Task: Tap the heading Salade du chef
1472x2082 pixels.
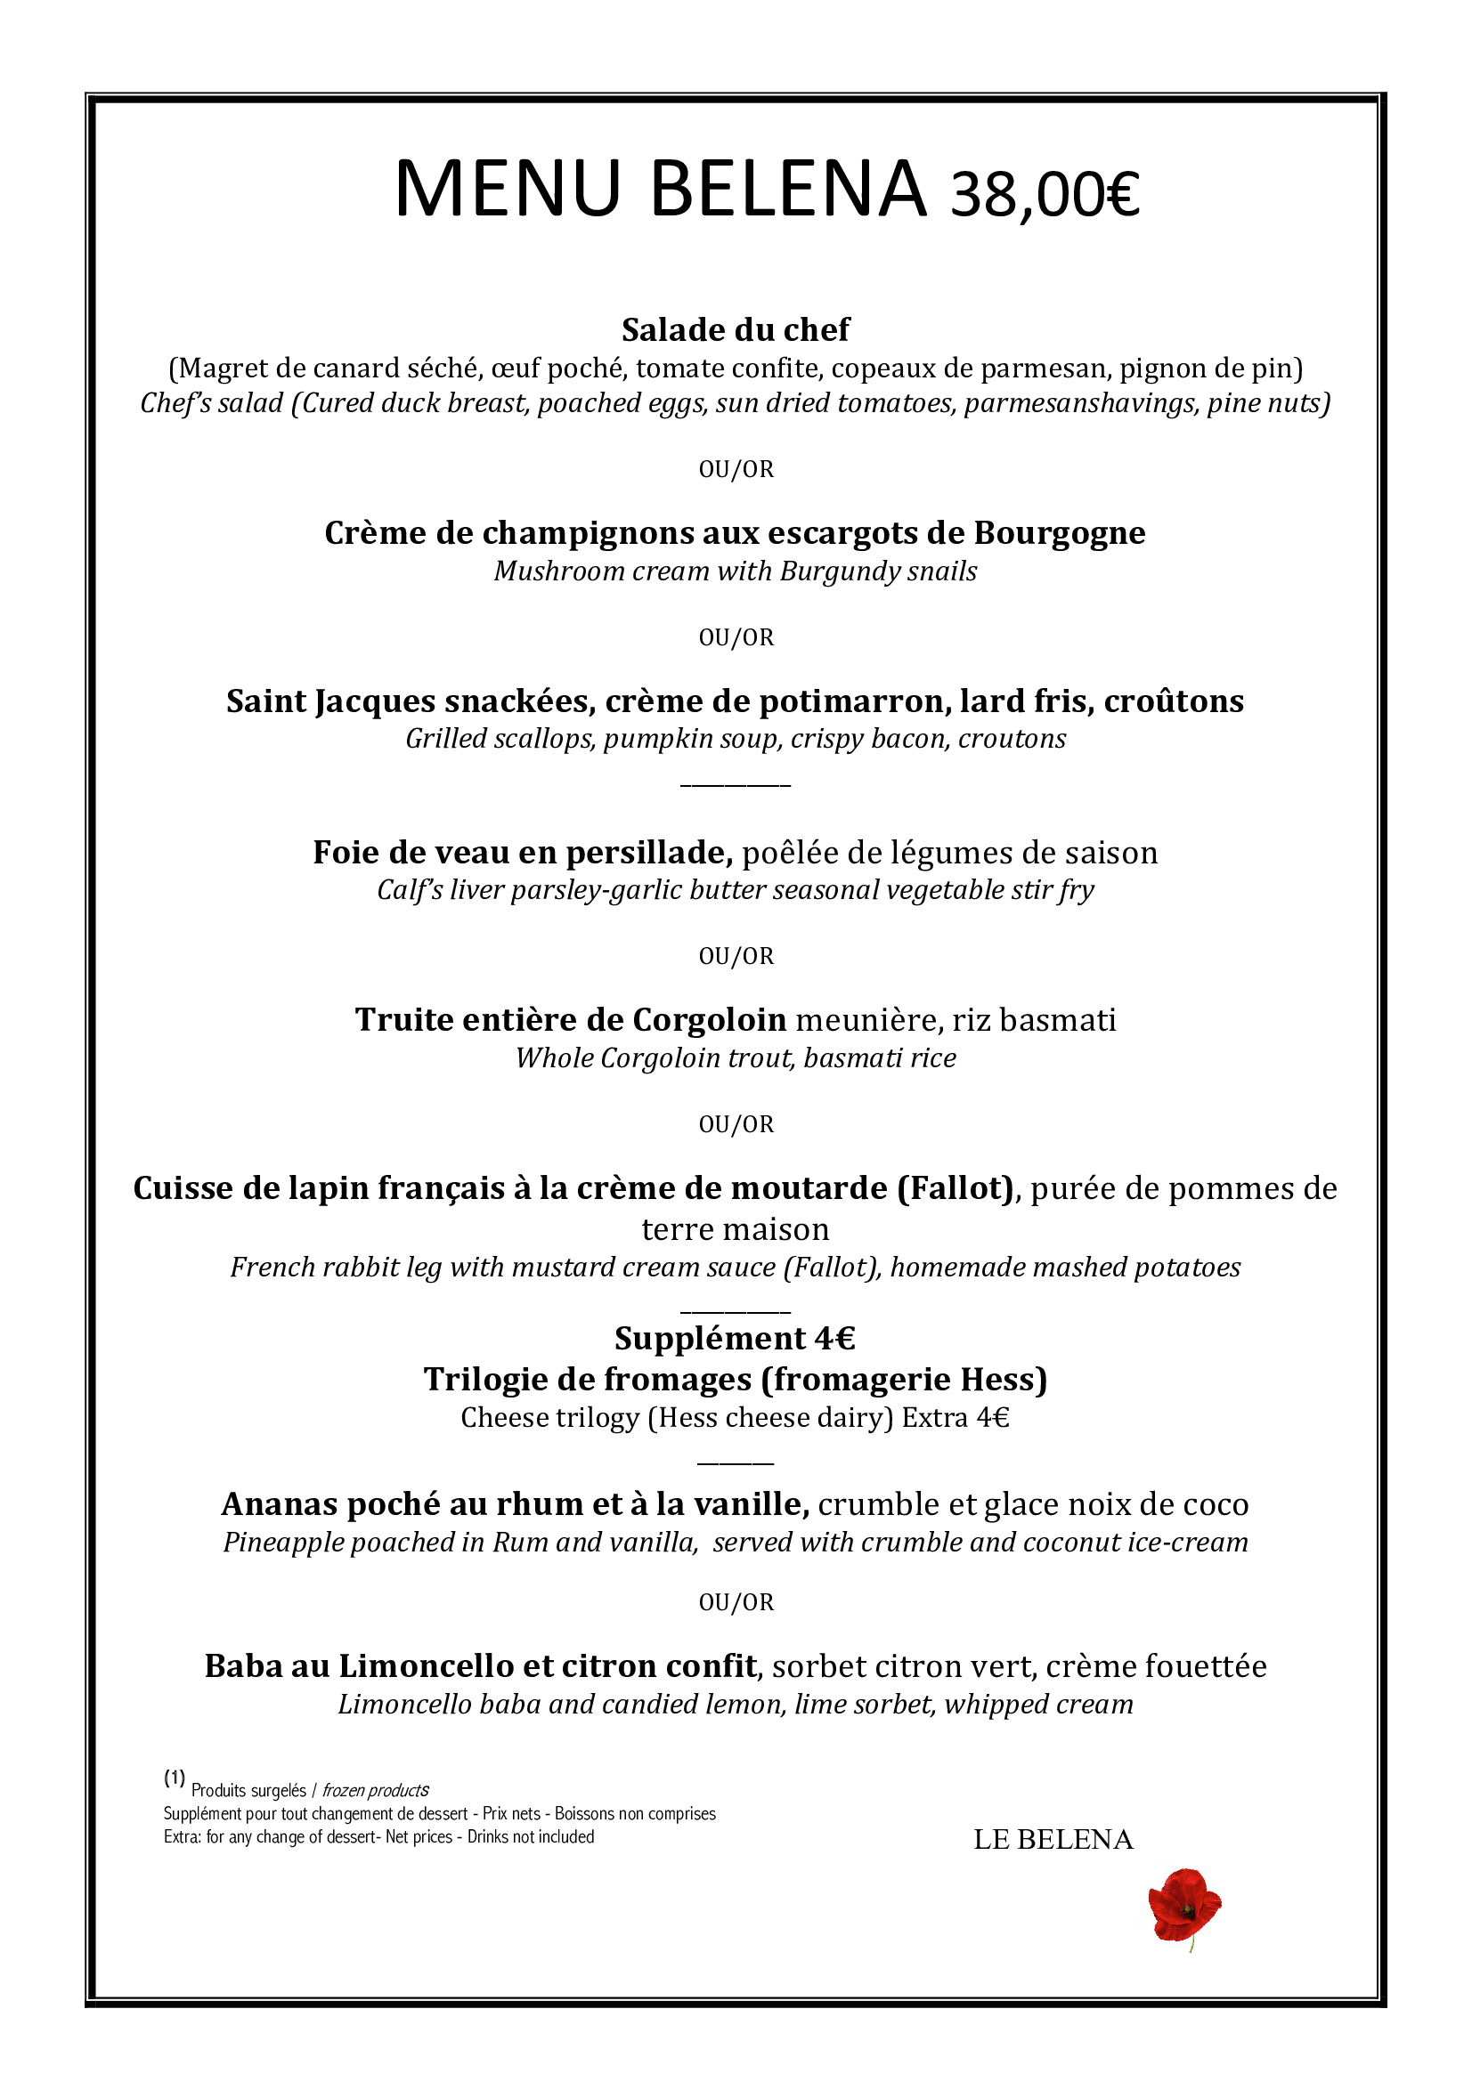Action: [736, 330]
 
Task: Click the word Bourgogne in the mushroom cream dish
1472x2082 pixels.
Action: [1060, 533]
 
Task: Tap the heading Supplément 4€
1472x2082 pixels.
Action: [736, 1339]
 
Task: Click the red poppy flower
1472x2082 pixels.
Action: [1183, 1905]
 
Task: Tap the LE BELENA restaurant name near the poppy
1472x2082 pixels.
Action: [1053, 1840]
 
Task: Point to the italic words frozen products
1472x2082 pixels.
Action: [376, 1791]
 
